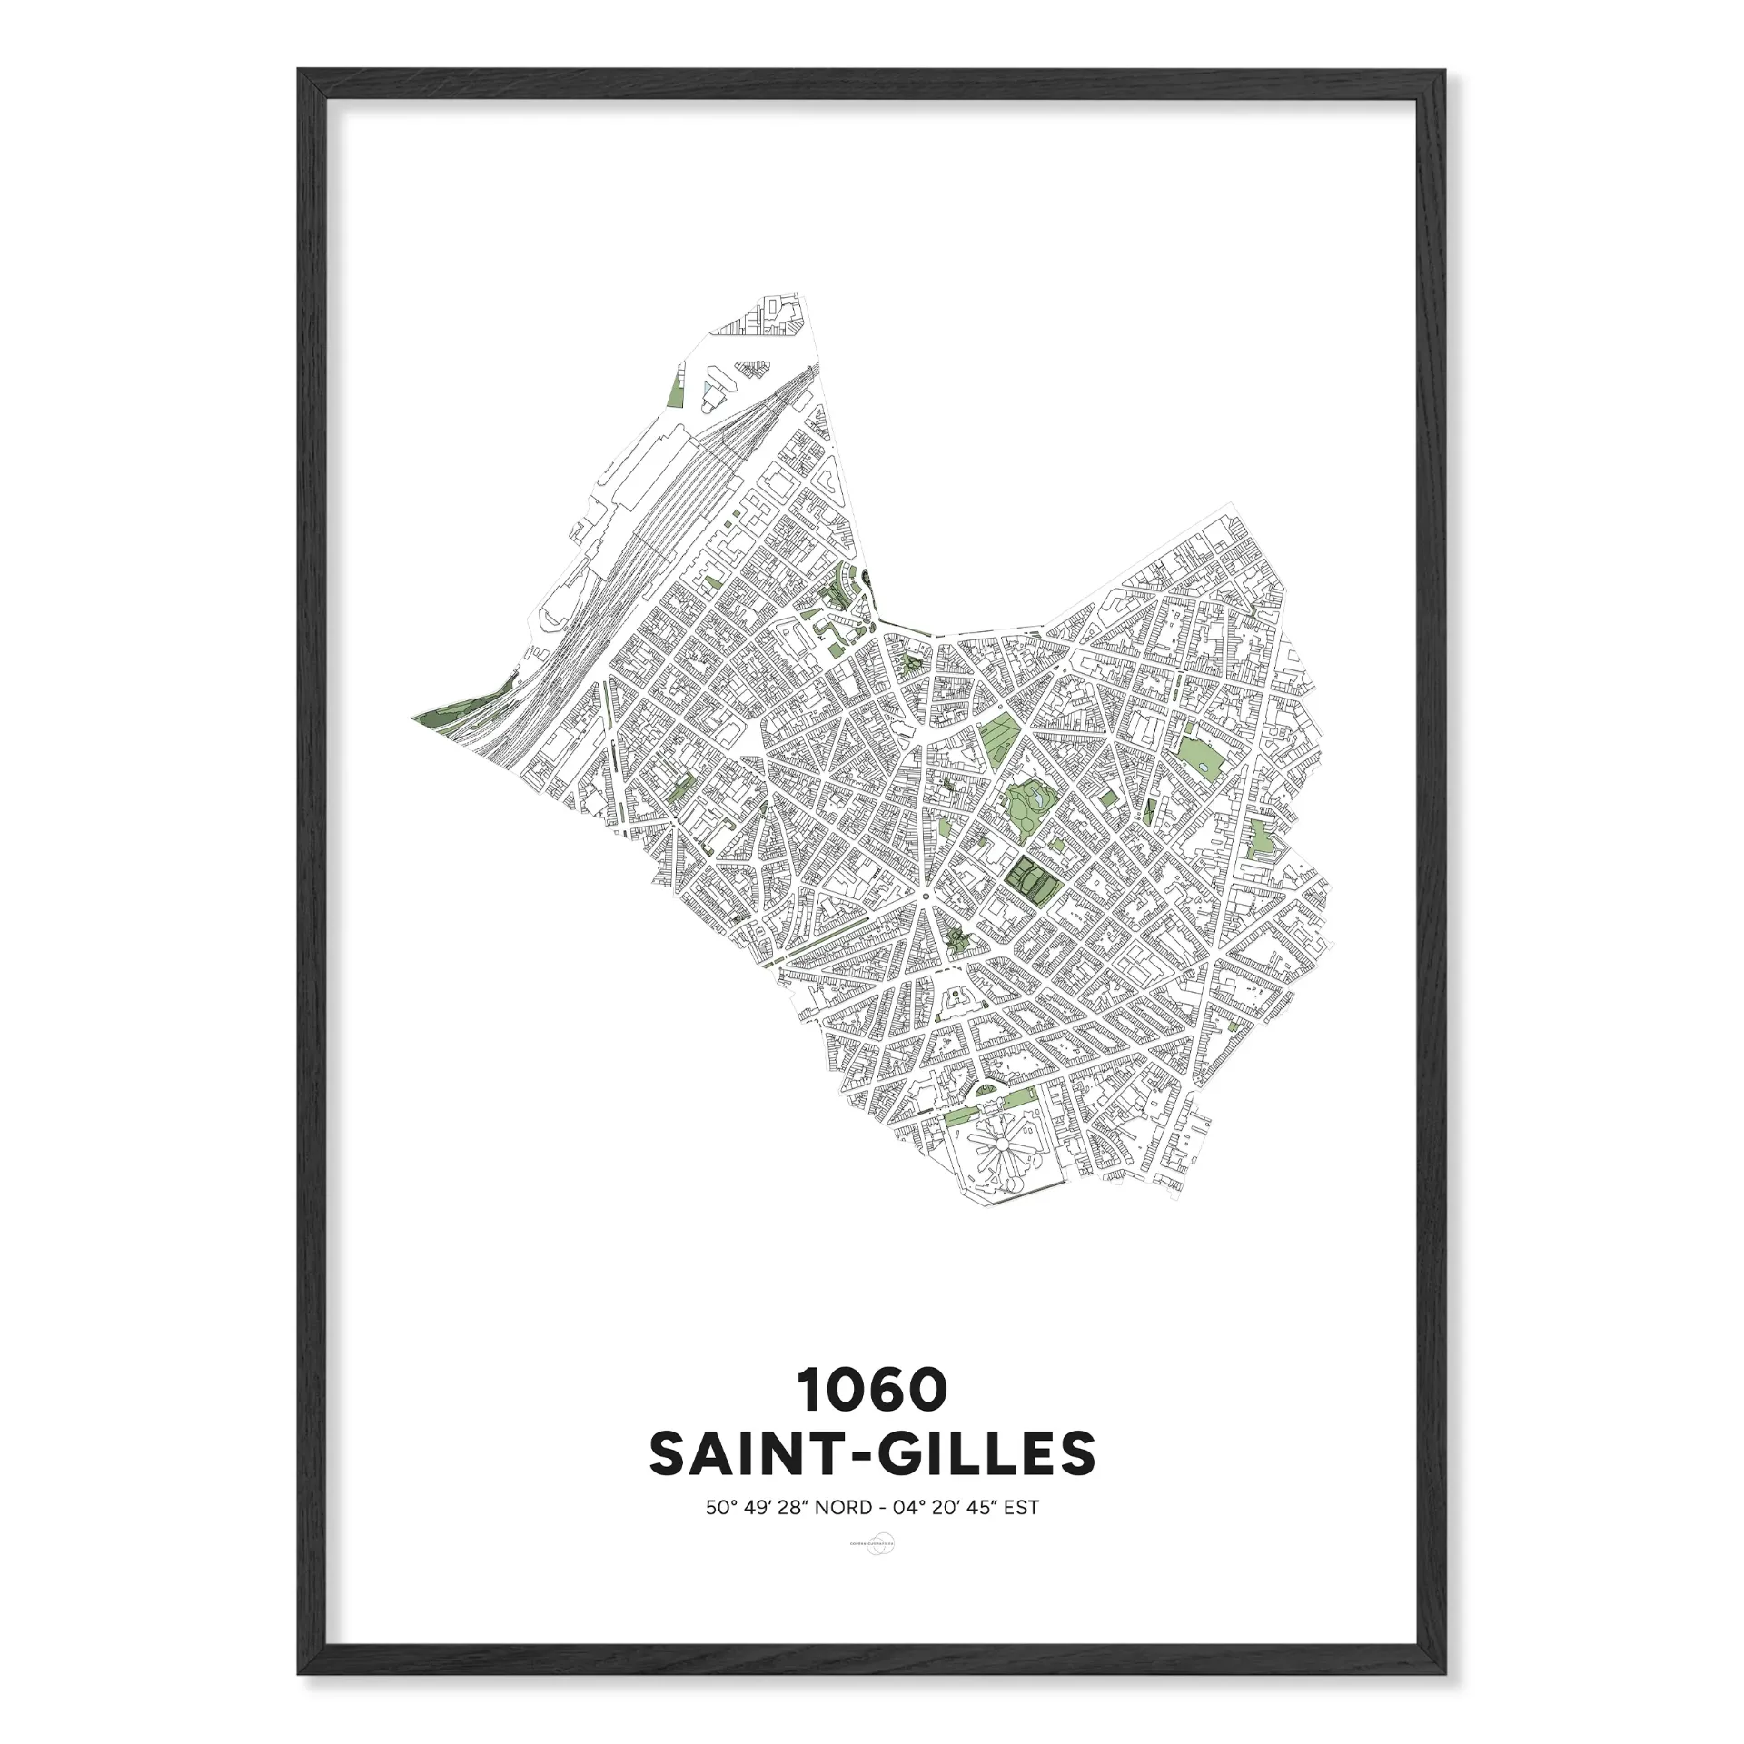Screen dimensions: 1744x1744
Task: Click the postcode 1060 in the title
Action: (x=872, y=1391)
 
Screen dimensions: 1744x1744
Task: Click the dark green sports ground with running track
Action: (x=1030, y=877)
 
